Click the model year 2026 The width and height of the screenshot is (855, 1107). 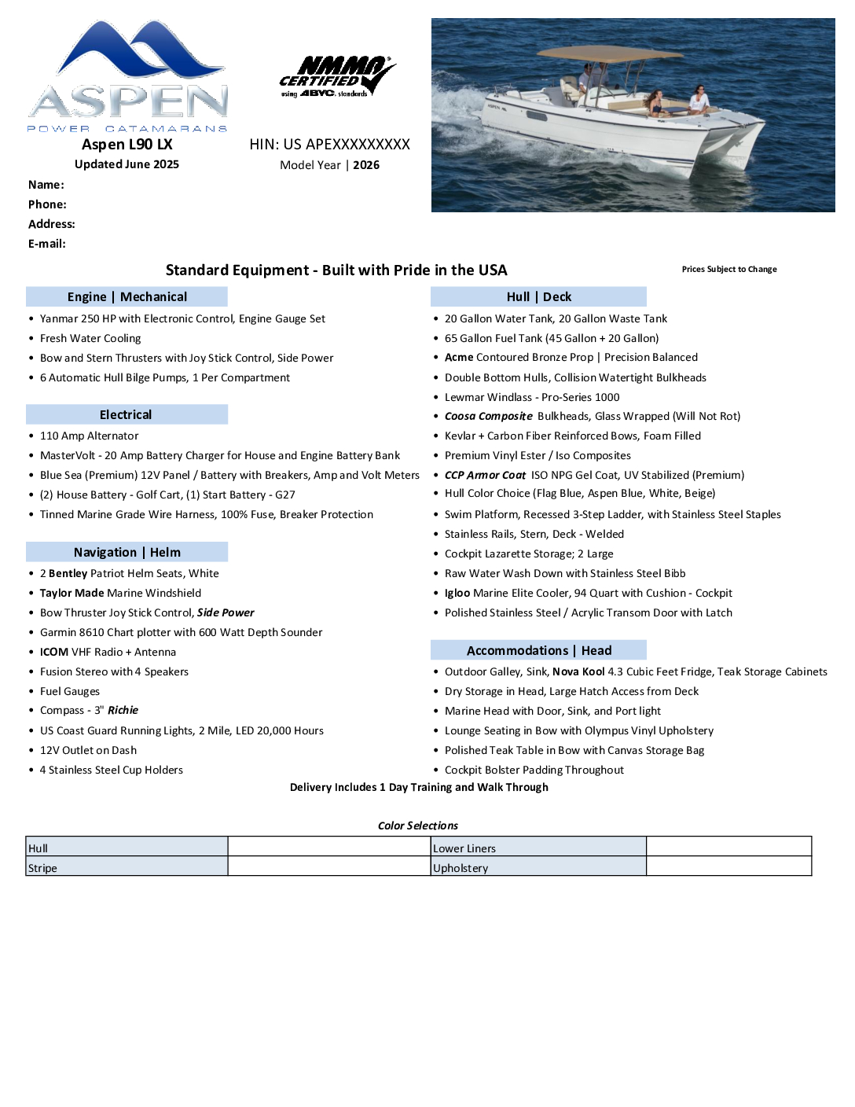366,165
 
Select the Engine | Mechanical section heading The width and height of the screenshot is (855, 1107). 127,296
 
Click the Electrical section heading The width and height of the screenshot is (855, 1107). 126,414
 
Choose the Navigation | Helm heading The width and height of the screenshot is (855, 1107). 127,552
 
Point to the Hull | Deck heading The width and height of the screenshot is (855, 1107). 538,296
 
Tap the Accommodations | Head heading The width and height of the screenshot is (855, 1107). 538,650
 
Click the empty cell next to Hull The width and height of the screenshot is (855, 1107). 329,847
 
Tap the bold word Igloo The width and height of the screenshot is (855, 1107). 457,593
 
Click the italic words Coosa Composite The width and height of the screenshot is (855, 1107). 488,416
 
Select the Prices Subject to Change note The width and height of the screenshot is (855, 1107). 729,269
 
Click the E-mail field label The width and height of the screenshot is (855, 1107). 47,244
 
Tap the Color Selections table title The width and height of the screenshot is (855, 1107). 417,826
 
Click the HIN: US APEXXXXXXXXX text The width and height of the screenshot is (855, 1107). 329,145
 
